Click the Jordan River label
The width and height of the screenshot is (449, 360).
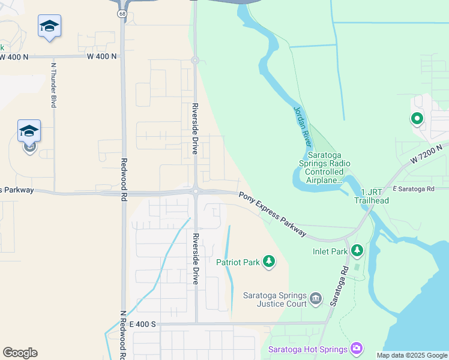click(x=302, y=127)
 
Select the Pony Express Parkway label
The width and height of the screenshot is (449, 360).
click(x=273, y=214)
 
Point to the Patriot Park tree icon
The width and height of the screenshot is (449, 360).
click(x=270, y=262)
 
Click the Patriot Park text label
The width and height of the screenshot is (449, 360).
click(x=238, y=262)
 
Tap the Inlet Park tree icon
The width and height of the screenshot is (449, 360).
click(x=358, y=249)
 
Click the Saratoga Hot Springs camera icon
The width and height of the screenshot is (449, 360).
click(x=357, y=349)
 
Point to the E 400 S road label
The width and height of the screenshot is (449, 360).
click(x=142, y=324)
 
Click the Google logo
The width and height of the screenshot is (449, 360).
click(x=20, y=353)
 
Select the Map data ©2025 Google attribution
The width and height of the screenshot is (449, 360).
click(x=411, y=355)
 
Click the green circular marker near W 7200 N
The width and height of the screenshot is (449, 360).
click(x=417, y=119)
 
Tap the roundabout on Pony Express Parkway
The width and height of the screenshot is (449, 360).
click(x=196, y=191)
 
